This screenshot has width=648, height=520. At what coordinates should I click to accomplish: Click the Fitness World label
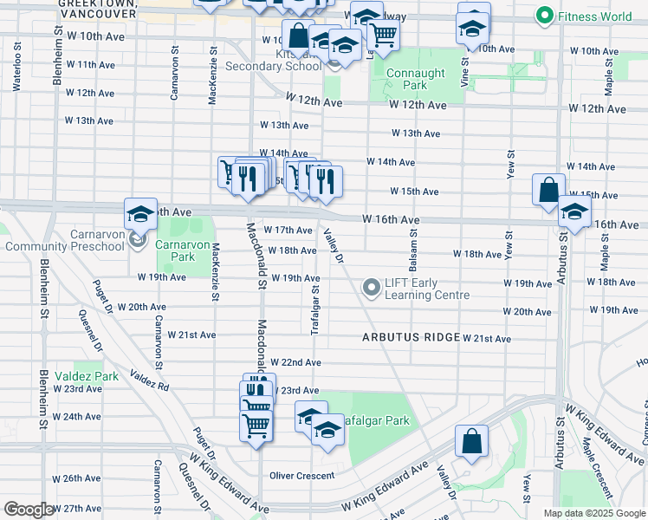click(595, 16)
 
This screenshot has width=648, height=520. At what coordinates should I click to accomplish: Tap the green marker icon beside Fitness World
click(545, 16)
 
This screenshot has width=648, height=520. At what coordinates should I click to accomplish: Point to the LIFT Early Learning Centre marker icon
click(372, 286)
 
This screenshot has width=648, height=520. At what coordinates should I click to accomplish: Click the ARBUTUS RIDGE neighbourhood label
click(411, 337)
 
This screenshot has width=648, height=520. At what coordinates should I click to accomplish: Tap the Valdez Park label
click(86, 376)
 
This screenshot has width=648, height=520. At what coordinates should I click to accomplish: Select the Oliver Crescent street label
click(301, 475)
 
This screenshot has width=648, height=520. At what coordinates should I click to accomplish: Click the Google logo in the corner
click(29, 510)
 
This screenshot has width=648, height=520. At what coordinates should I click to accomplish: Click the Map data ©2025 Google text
click(593, 513)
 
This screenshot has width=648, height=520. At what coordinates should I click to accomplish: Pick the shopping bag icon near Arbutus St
click(548, 190)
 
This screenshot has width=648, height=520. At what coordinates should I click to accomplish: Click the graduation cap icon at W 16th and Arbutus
click(573, 211)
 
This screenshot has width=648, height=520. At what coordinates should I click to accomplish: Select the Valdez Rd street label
click(149, 379)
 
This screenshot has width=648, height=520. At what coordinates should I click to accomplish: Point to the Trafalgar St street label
click(315, 310)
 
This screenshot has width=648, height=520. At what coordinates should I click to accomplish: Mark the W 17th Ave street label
click(288, 230)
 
